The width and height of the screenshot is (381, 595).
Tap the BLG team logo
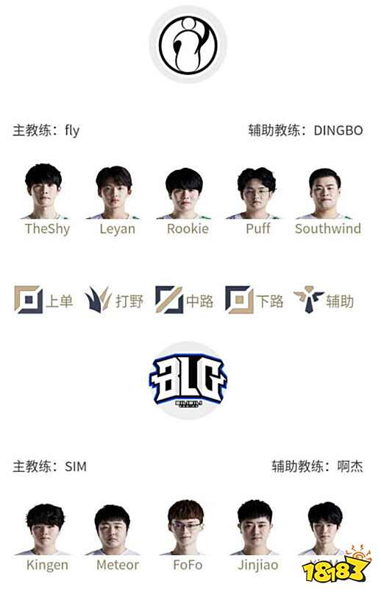tap(188, 380)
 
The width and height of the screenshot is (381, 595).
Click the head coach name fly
tap(71, 130)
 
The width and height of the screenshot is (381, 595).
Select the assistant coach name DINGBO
tap(338, 130)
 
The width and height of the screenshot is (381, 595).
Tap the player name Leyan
tap(118, 228)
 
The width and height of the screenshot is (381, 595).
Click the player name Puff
tap(258, 228)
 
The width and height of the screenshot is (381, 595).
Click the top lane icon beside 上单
tap(28, 300)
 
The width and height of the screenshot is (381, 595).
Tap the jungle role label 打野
tap(129, 300)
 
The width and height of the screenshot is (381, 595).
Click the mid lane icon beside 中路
tap(168, 300)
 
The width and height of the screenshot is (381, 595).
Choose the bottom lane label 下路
tap(270, 300)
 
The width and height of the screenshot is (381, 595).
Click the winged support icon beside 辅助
tap(308, 300)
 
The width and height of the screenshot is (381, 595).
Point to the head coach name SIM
tap(76, 467)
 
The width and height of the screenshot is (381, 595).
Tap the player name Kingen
tap(47, 565)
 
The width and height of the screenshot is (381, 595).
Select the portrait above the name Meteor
tap(118, 527)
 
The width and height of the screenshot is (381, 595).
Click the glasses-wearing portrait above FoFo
tap(188, 527)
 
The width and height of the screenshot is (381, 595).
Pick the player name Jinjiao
tap(258, 565)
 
